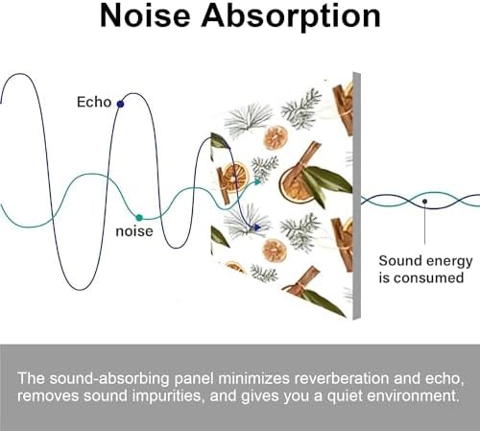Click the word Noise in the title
tap(145, 16)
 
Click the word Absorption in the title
tap(291, 18)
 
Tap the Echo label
tap(94, 102)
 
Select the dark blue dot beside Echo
tap(120, 104)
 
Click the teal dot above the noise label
tap(139, 218)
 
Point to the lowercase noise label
tap(134, 231)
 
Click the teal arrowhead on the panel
tap(258, 181)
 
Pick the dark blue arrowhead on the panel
tap(257, 227)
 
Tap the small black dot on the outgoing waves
tap(424, 202)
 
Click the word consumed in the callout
tap(429, 277)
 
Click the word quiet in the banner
tap(343, 396)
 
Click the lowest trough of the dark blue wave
tap(80, 290)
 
